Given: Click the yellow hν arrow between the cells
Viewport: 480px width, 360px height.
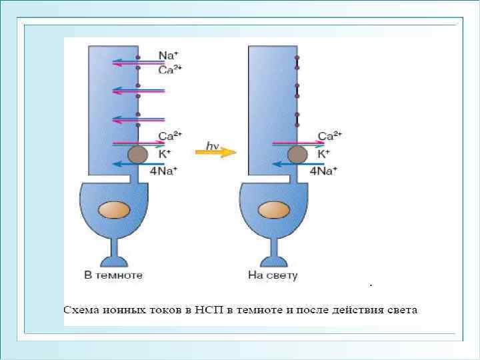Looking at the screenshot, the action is tap(215, 152).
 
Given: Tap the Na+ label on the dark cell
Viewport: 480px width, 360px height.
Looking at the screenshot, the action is tap(167, 55).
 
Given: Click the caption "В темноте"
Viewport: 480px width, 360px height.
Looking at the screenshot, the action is tap(113, 275).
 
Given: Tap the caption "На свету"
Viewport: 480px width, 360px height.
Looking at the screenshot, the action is tap(273, 275).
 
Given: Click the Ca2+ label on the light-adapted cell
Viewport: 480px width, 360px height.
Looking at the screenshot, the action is tap(330, 136).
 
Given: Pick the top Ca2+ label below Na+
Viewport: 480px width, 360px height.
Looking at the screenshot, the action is tap(170, 68).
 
